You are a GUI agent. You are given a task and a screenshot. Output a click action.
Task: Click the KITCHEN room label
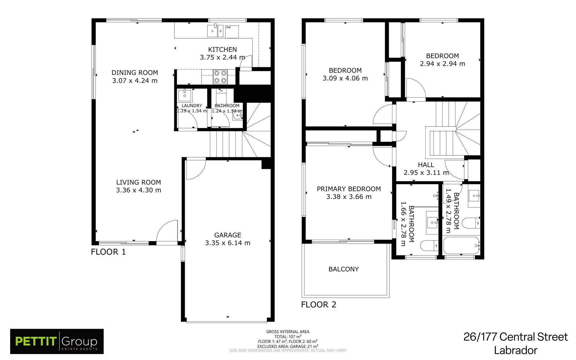pos(222,50)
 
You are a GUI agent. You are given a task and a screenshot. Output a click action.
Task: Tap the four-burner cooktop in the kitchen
pos(220,77)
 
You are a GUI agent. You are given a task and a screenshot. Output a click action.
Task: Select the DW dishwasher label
pos(228,28)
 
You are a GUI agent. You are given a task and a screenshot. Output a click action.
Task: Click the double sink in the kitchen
pos(215,31)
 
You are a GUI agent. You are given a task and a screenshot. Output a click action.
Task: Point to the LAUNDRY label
pos(192,106)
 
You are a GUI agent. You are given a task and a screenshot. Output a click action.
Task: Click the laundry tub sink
pos(185,96)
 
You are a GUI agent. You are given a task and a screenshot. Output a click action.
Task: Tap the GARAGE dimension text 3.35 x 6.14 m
pos(228,243)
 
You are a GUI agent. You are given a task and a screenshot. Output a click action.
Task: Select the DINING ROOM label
pos(135,73)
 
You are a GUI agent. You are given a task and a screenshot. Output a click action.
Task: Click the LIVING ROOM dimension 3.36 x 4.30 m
pos(139,190)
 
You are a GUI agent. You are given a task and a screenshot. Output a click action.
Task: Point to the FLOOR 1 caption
pos(108,252)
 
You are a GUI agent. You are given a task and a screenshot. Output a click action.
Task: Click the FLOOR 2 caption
pos(319,305)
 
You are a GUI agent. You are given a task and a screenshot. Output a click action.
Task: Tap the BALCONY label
pos(343,269)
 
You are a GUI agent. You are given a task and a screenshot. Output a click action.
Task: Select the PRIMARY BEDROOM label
pos(349,189)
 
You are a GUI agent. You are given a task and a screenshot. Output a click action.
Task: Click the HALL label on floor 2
pos(426,165)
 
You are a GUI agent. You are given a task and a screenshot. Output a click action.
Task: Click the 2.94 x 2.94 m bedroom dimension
pos(442,64)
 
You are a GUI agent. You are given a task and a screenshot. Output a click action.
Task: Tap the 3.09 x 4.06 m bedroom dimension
pos(345,78)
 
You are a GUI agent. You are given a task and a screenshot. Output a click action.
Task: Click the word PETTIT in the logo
pos(36,341)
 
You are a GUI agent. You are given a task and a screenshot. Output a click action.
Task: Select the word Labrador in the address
pos(516,350)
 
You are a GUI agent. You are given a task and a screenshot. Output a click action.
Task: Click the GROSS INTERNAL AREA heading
pos(288,332)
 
